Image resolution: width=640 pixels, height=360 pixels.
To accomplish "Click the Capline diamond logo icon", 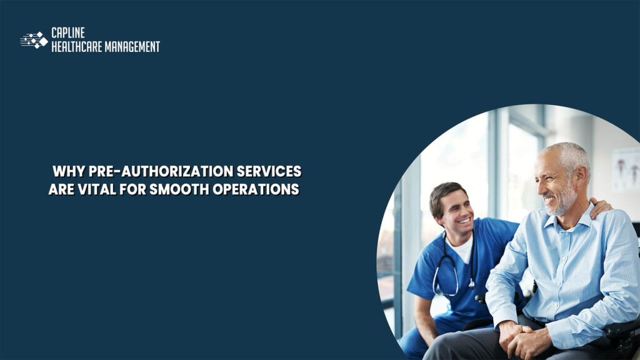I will tap(34, 40).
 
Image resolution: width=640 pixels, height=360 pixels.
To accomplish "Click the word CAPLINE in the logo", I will tap(67, 34).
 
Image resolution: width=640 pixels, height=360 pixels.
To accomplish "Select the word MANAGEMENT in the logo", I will tap(134, 47).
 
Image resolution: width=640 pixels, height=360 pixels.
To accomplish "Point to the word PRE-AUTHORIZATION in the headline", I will tap(148, 171).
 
